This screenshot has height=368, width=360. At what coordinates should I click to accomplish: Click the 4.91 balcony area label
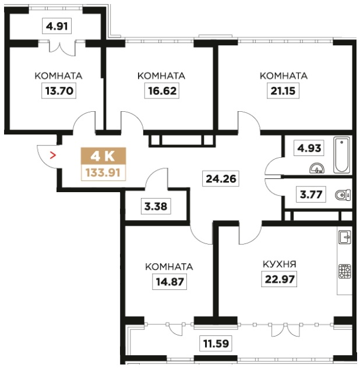click(x=57, y=26)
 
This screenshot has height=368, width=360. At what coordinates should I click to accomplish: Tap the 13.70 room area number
click(x=59, y=91)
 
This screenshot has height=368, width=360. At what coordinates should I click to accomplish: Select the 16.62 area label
click(x=162, y=91)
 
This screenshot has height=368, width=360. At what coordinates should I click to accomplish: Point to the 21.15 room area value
click(x=283, y=91)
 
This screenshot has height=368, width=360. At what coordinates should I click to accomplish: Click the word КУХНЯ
click(x=279, y=264)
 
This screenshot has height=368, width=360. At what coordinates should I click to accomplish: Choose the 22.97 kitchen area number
click(x=280, y=279)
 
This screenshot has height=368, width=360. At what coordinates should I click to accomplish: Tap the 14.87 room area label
click(x=170, y=282)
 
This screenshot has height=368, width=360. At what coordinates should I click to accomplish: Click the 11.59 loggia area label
click(x=216, y=344)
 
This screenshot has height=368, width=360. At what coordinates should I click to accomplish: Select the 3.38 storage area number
click(x=156, y=206)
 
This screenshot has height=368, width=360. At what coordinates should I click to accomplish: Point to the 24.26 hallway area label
click(x=221, y=179)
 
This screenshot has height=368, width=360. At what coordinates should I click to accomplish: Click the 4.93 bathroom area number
click(x=309, y=148)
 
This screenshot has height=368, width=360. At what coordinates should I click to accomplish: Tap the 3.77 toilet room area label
click(x=311, y=194)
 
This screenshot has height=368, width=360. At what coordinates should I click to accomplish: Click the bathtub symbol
click(x=342, y=155)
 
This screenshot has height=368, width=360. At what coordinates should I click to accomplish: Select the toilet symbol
click(x=343, y=195)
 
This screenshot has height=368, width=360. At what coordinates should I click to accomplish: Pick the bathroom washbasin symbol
click(x=317, y=168)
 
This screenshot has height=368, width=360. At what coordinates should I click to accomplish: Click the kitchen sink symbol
click(x=345, y=237)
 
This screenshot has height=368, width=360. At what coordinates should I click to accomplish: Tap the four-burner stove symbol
click(x=345, y=271)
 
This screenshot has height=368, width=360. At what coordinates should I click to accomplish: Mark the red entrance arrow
click(x=54, y=155)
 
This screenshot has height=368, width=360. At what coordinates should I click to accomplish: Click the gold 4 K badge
click(x=103, y=156)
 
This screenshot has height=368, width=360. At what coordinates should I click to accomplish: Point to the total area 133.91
click(x=103, y=173)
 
